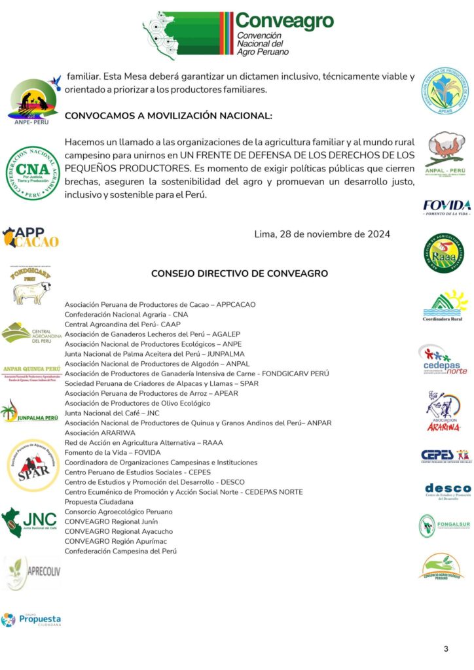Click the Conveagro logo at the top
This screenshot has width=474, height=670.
238,34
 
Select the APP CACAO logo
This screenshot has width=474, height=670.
31,237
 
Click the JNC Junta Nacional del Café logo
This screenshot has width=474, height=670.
29,521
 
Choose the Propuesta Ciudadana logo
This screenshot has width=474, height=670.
31,620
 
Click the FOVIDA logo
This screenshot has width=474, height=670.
447,207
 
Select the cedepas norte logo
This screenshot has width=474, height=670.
443,359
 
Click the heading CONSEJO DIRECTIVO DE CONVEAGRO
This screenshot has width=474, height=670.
240,273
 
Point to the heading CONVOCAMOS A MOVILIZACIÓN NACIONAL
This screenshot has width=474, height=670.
168,115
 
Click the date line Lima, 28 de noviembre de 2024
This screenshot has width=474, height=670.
322,234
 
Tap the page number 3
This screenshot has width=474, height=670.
446,648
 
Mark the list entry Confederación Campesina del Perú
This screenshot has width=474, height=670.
120,550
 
